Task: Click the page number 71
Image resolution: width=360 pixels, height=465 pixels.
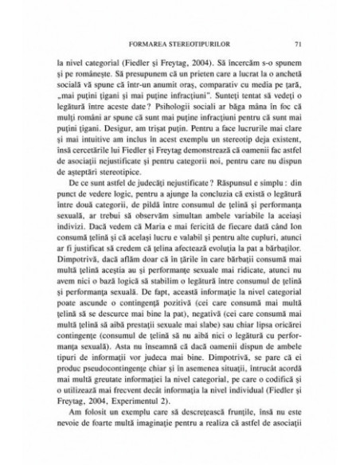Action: pyautogui.click(x=296, y=42)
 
